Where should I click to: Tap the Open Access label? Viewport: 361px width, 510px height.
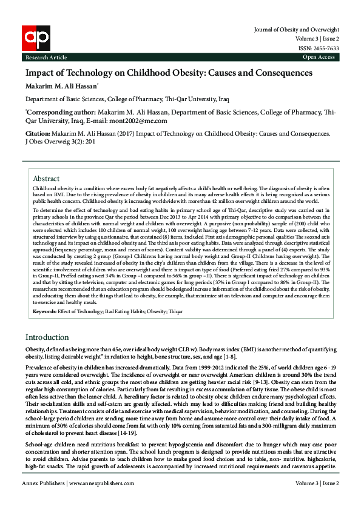coord(319,57)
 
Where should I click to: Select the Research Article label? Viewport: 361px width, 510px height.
coord(46,57)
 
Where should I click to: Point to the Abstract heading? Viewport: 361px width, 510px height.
coord(46,179)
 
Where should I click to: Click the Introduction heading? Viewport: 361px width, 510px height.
coord(48,336)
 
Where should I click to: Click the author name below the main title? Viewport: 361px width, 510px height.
coord(65,84)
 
